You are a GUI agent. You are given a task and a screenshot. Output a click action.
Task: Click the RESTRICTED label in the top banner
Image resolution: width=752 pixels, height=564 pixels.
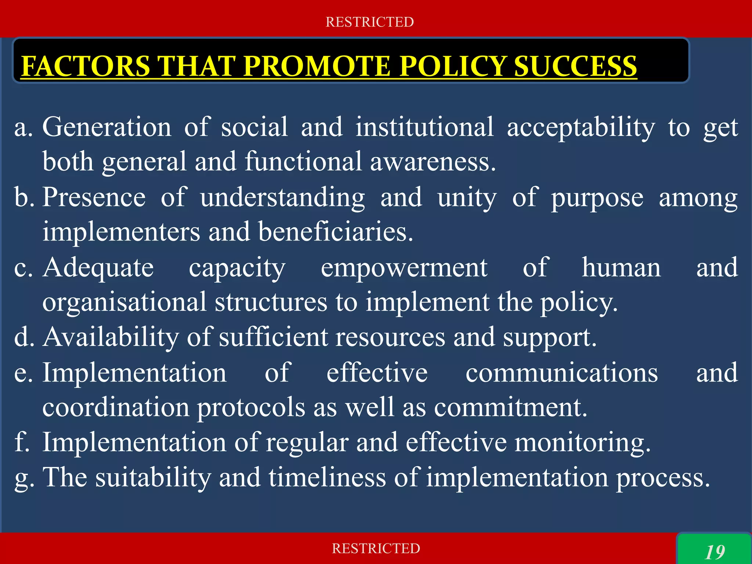(370, 22)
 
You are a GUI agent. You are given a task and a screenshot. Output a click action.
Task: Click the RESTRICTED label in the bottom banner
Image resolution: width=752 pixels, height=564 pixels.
(376, 548)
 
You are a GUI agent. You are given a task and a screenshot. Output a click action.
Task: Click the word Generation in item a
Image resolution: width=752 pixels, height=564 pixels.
(107, 127)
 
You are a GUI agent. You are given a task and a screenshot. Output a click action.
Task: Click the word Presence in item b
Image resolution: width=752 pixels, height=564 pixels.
(94, 197)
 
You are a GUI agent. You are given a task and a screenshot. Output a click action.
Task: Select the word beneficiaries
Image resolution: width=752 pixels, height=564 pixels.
(336, 232)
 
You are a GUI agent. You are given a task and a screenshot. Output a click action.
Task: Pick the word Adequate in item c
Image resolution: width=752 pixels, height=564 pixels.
(98, 268)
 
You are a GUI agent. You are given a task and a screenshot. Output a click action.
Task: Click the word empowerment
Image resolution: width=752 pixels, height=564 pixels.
(404, 268)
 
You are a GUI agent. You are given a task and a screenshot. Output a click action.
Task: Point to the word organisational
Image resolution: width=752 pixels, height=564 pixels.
(124, 302)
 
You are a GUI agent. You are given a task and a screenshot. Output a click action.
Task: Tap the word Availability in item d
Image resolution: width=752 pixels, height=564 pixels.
(111, 337)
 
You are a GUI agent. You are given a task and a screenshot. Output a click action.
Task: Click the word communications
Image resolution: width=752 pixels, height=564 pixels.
(561, 373)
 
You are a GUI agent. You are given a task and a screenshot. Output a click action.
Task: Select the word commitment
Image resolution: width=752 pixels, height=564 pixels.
(511, 407)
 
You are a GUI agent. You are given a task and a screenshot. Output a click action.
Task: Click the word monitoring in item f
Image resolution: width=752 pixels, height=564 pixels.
(582, 442)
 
